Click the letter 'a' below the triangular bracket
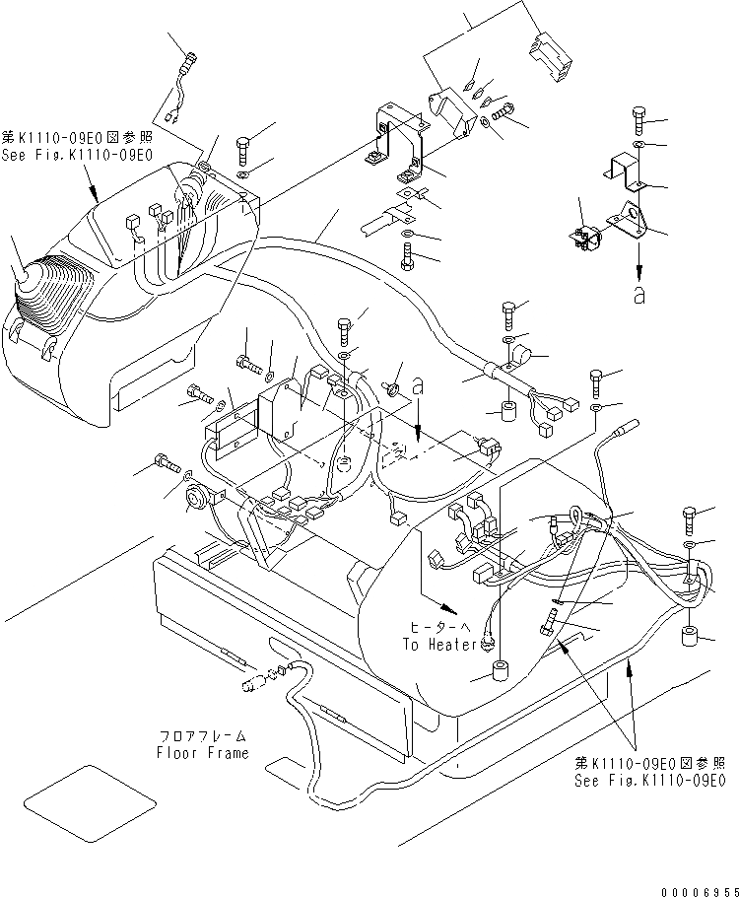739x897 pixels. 639,293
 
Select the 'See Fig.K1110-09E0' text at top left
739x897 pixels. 76,155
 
